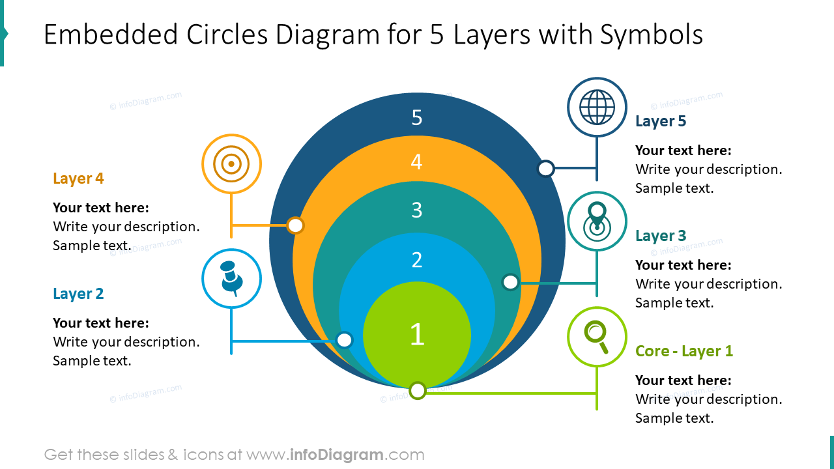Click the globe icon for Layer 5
pyautogui.click(x=597, y=107)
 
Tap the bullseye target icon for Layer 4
pyautogui.click(x=231, y=163)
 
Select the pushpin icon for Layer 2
pyautogui.click(x=231, y=278)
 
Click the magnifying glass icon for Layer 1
pyautogui.click(x=597, y=336)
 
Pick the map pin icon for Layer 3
pyautogui.click(x=597, y=221)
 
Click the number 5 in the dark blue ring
pyautogui.click(x=417, y=118)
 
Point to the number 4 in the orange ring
pyautogui.click(x=417, y=162)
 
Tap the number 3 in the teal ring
pyautogui.click(x=417, y=210)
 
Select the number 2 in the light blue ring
pyautogui.click(x=417, y=261)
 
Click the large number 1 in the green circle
pyautogui.click(x=417, y=334)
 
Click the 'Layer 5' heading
pyautogui.click(x=660, y=121)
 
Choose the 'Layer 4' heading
pyautogui.click(x=78, y=178)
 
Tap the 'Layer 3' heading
pyautogui.click(x=660, y=236)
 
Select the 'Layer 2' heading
pyautogui.click(x=78, y=294)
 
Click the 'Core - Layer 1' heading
pyautogui.click(x=683, y=351)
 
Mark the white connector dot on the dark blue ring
pyautogui.click(x=546, y=169)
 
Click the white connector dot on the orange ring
pyautogui.click(x=296, y=225)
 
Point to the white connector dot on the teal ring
pyautogui.click(x=510, y=282)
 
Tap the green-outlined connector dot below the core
pyautogui.click(x=418, y=391)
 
